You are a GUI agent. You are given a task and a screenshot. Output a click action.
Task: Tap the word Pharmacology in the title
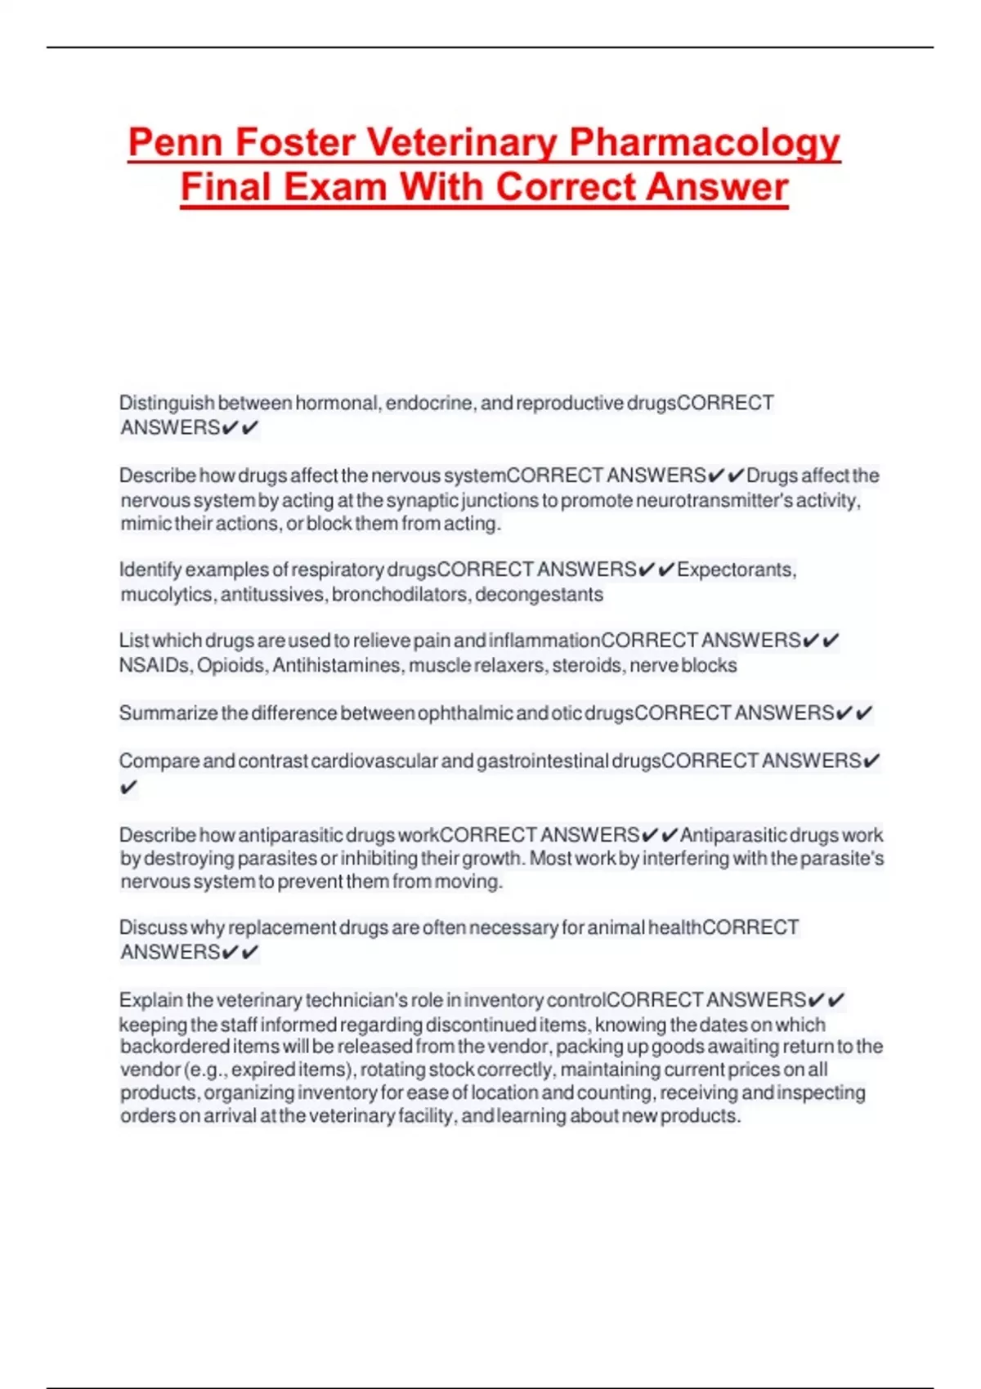pos(704,143)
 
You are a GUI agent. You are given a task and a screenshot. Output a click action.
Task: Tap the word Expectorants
pos(736,569)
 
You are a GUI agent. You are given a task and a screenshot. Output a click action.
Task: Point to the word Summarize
pos(168,713)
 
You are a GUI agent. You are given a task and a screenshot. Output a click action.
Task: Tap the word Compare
pos(159,761)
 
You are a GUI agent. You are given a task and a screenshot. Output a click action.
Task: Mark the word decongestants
pos(539,594)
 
